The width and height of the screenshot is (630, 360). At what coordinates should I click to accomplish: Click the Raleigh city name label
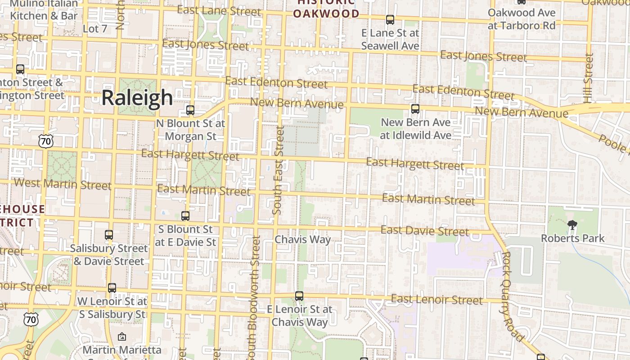click(137, 98)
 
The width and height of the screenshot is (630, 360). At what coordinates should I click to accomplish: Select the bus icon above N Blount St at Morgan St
click(190, 110)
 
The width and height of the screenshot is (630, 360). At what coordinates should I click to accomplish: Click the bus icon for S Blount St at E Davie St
click(185, 216)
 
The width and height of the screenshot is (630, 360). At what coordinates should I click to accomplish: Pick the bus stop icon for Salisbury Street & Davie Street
click(108, 234)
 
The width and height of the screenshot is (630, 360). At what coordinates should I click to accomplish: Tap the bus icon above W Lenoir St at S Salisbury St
click(112, 288)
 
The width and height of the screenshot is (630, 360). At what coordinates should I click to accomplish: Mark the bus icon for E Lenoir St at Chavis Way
click(299, 296)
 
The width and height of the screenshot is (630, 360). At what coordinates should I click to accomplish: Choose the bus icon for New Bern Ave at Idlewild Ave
click(415, 108)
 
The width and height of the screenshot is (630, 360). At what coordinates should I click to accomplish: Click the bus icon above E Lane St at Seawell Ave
click(390, 20)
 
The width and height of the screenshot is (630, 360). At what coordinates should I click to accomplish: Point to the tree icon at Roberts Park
click(572, 225)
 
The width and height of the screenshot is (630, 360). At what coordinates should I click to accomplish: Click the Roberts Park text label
click(572, 238)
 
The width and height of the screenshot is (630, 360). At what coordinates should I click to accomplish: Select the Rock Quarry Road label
click(513, 296)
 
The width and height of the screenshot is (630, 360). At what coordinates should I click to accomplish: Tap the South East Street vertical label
click(279, 170)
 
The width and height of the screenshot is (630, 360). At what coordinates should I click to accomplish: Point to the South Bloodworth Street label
click(254, 297)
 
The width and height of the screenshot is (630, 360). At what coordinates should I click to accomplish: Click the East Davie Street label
click(424, 231)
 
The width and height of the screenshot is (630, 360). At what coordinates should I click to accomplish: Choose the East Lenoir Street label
click(436, 299)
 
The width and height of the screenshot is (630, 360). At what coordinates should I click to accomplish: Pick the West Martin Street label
click(63, 184)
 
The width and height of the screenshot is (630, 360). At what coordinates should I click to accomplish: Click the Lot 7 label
click(95, 29)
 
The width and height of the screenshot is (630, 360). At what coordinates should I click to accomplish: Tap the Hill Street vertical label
click(588, 78)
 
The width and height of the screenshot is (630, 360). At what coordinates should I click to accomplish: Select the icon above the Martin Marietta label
click(121, 336)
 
